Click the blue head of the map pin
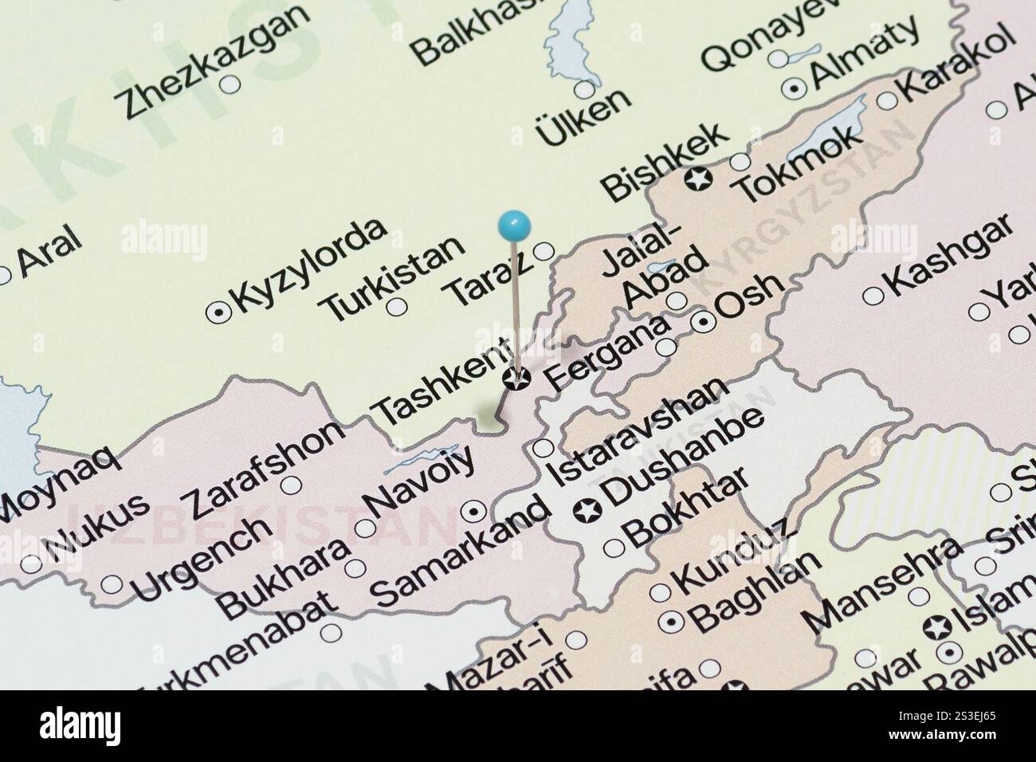coord(514,223)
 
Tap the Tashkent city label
coord(441,381)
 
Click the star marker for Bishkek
coord(699,181)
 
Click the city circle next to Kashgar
coord(873,296)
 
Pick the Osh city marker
coord(704,322)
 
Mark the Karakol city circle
coord(887,100)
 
